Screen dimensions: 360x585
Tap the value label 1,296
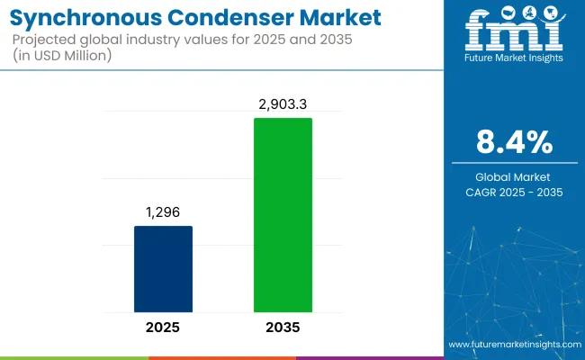pyautogui.click(x=163, y=211)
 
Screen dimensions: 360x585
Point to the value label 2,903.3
pyautogui.click(x=283, y=103)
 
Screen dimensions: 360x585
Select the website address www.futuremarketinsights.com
pyautogui.click(x=513, y=345)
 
